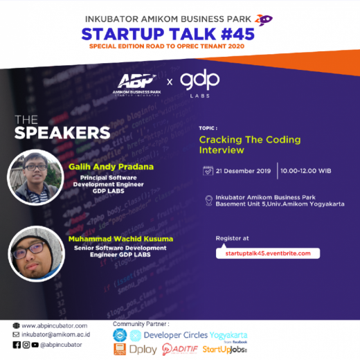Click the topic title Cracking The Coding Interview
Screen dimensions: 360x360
click(240, 145)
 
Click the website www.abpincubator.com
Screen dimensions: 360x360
click(54, 325)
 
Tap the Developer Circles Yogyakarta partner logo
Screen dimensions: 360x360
click(187, 335)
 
